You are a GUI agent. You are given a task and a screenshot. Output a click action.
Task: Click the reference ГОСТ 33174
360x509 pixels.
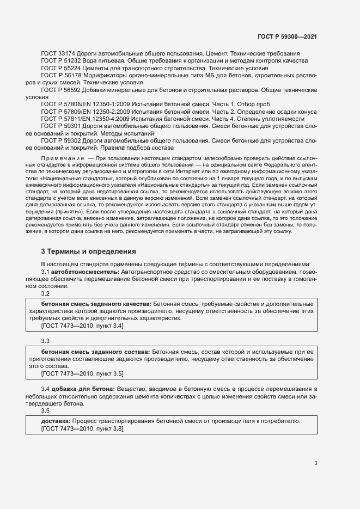pyautogui.click(x=58, y=53)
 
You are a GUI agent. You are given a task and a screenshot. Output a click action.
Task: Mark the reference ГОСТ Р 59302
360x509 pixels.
pyautogui.click(x=60, y=139)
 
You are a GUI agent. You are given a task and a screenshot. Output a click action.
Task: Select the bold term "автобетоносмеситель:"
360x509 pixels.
pyautogui.click(x=85, y=271)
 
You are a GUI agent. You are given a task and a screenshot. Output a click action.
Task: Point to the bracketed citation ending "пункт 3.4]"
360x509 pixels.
pyautogui.click(x=82, y=326)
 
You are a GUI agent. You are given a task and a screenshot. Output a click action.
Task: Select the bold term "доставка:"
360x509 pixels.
pyautogui.click(x=56, y=421)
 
